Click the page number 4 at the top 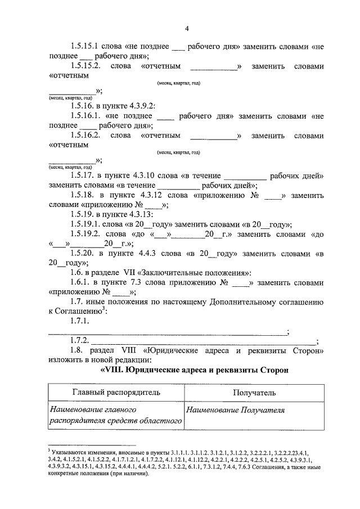click(x=187, y=29)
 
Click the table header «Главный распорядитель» click(x=116, y=392)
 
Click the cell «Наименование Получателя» click(x=236, y=411)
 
